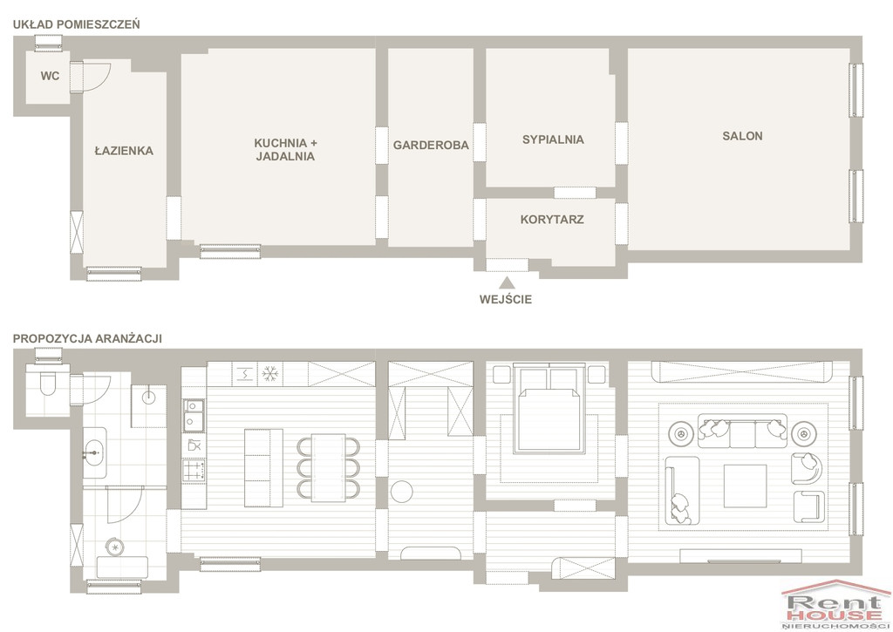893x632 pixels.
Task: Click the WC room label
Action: click(50, 76)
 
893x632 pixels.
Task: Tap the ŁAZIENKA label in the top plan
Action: click(124, 151)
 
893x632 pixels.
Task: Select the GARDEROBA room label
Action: click(431, 146)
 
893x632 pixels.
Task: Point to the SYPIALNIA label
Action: click(553, 139)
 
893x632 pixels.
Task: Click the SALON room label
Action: click(743, 136)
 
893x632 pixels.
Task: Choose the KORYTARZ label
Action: click(552, 219)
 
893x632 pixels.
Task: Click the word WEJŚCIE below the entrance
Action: click(506, 300)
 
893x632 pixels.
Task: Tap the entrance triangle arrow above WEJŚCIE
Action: click(507, 282)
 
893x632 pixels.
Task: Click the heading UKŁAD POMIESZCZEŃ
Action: click(77, 24)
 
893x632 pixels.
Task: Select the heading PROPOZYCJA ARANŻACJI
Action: click(88, 339)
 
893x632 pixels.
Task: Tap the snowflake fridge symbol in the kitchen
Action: click(270, 374)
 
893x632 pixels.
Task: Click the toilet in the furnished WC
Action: click(47, 384)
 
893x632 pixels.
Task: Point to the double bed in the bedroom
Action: click(549, 410)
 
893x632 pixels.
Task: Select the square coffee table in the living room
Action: click(745, 486)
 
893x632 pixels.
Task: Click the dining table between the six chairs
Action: click(328, 468)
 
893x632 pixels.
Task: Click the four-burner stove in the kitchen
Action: click(194, 470)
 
